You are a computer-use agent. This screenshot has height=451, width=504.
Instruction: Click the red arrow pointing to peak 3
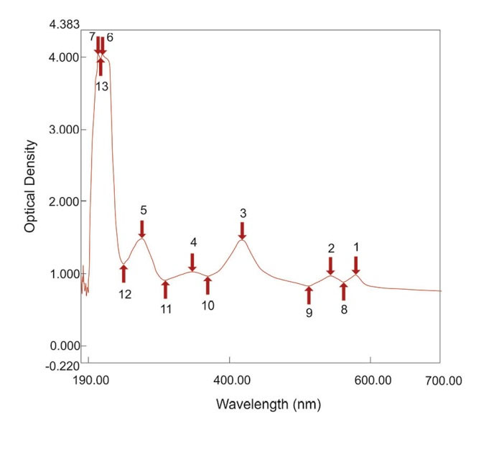coord(242,231)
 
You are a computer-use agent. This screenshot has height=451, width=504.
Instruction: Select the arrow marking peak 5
coord(142,229)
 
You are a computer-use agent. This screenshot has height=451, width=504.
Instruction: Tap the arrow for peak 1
coord(356,265)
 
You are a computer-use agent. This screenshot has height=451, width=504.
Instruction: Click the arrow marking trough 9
coord(309,295)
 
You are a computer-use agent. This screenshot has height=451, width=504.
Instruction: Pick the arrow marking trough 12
coord(123,273)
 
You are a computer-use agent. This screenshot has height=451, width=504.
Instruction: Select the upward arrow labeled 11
coord(166,290)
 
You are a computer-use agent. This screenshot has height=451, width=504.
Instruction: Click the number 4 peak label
coord(193,243)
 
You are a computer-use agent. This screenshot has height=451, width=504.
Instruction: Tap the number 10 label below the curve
coord(207,305)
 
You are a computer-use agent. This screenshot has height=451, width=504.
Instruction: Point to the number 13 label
coord(102,86)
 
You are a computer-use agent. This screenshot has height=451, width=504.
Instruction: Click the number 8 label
coord(344,310)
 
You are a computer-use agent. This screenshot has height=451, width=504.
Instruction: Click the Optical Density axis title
coord(30,185)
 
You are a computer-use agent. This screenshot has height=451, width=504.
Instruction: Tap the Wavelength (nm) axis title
coord(268,404)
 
